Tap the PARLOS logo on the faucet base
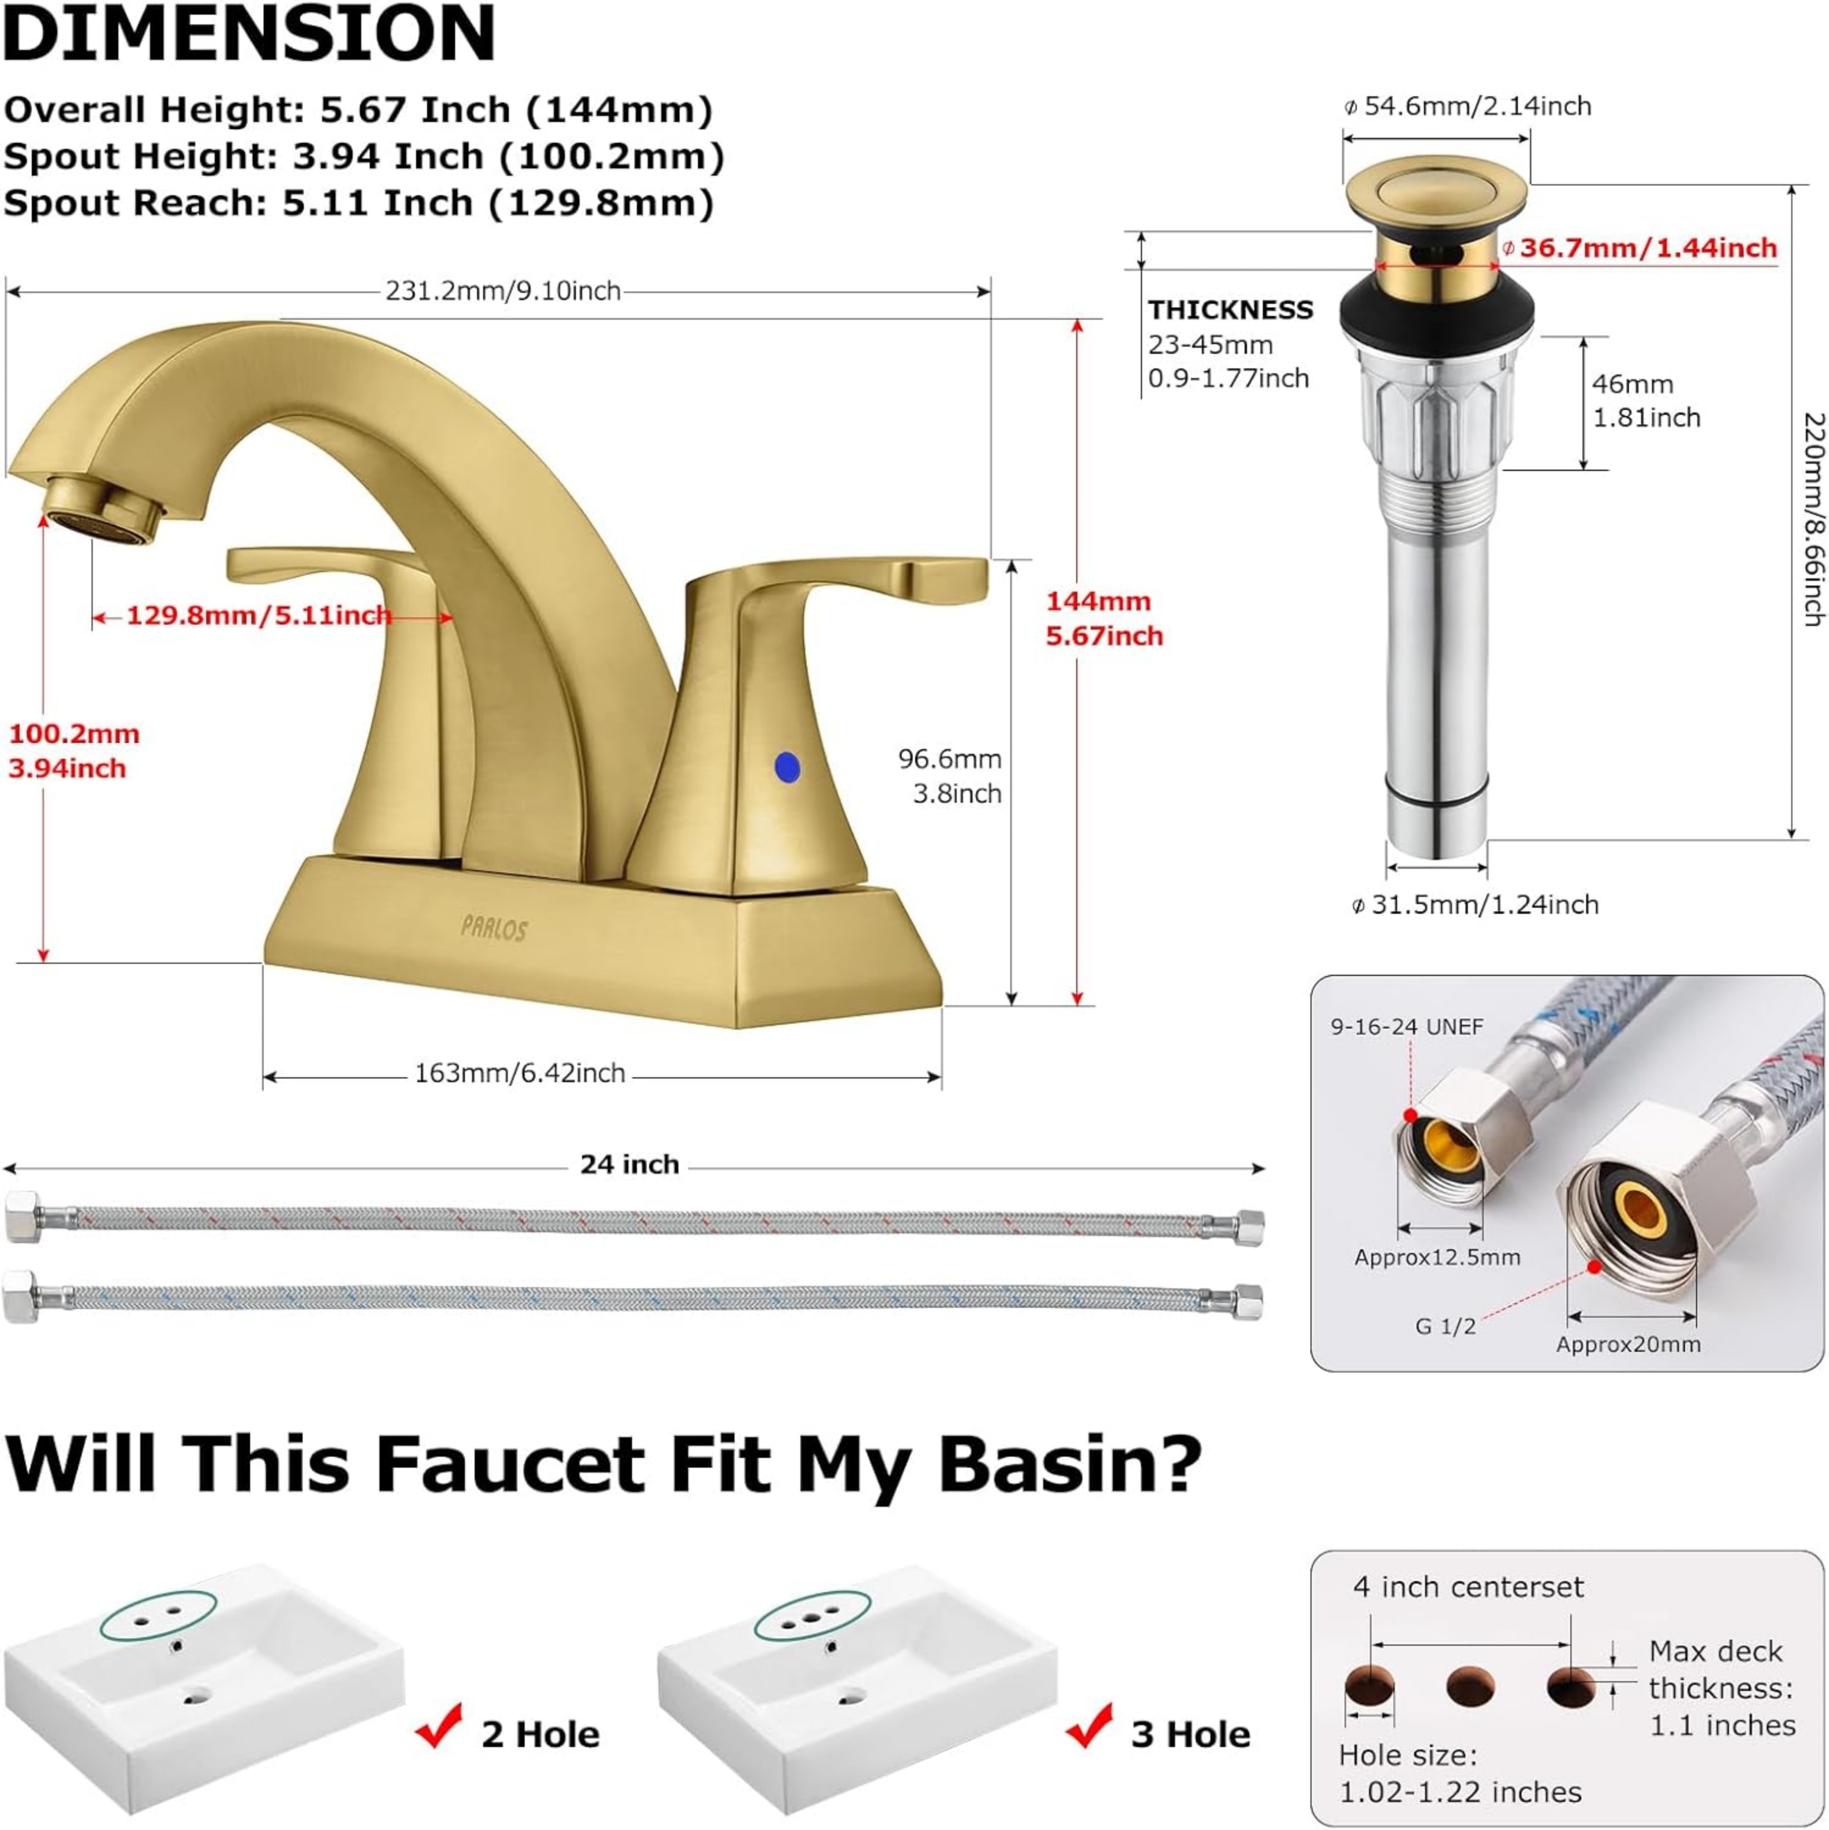point(494,928)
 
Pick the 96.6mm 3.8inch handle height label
point(950,775)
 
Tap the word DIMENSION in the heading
point(249,34)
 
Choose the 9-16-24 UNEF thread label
point(1407,1026)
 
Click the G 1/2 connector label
point(1445,1326)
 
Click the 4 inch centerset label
point(1468,1587)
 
